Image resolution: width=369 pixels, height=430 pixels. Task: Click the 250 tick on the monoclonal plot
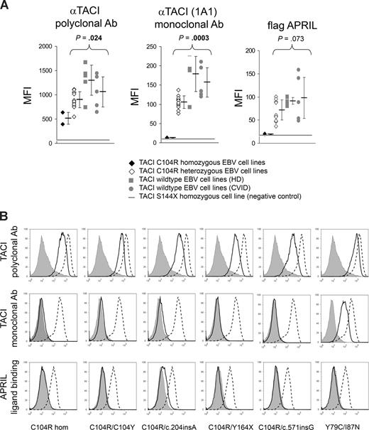(x=154, y=46)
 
